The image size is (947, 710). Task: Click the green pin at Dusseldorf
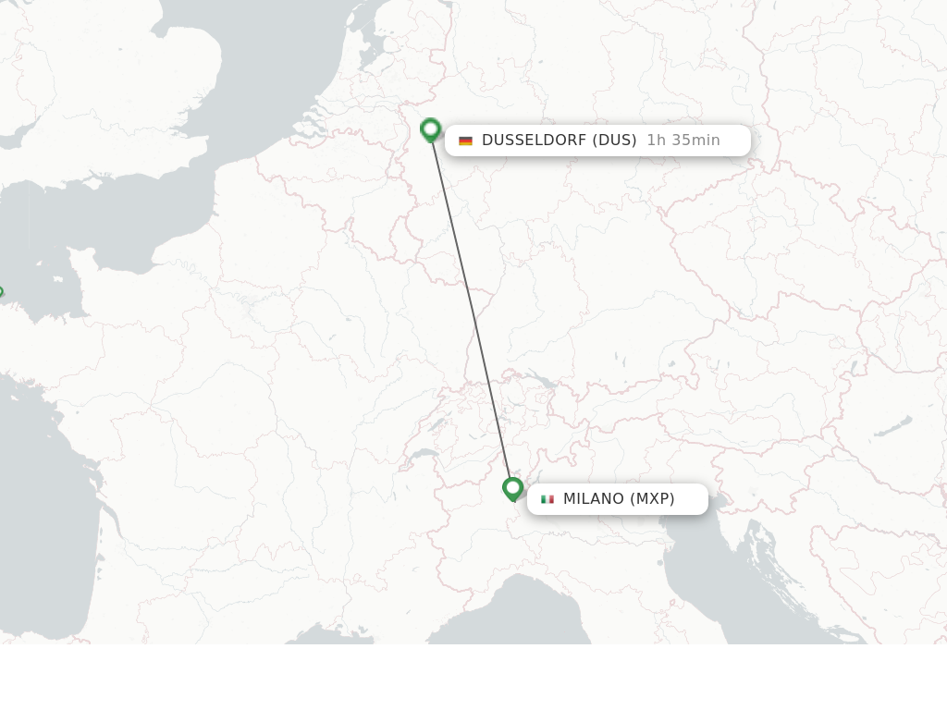(x=430, y=129)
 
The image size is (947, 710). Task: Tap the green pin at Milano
(x=513, y=488)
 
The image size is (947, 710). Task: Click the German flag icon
(x=465, y=141)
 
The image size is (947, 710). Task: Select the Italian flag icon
(x=547, y=499)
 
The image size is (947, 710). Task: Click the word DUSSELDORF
(x=534, y=141)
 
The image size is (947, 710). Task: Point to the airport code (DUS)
(x=614, y=141)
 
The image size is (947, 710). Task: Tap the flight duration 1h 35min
(x=683, y=141)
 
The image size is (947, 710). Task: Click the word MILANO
(x=594, y=499)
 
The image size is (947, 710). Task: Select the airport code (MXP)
(x=652, y=499)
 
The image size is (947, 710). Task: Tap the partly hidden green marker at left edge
(x=1, y=294)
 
